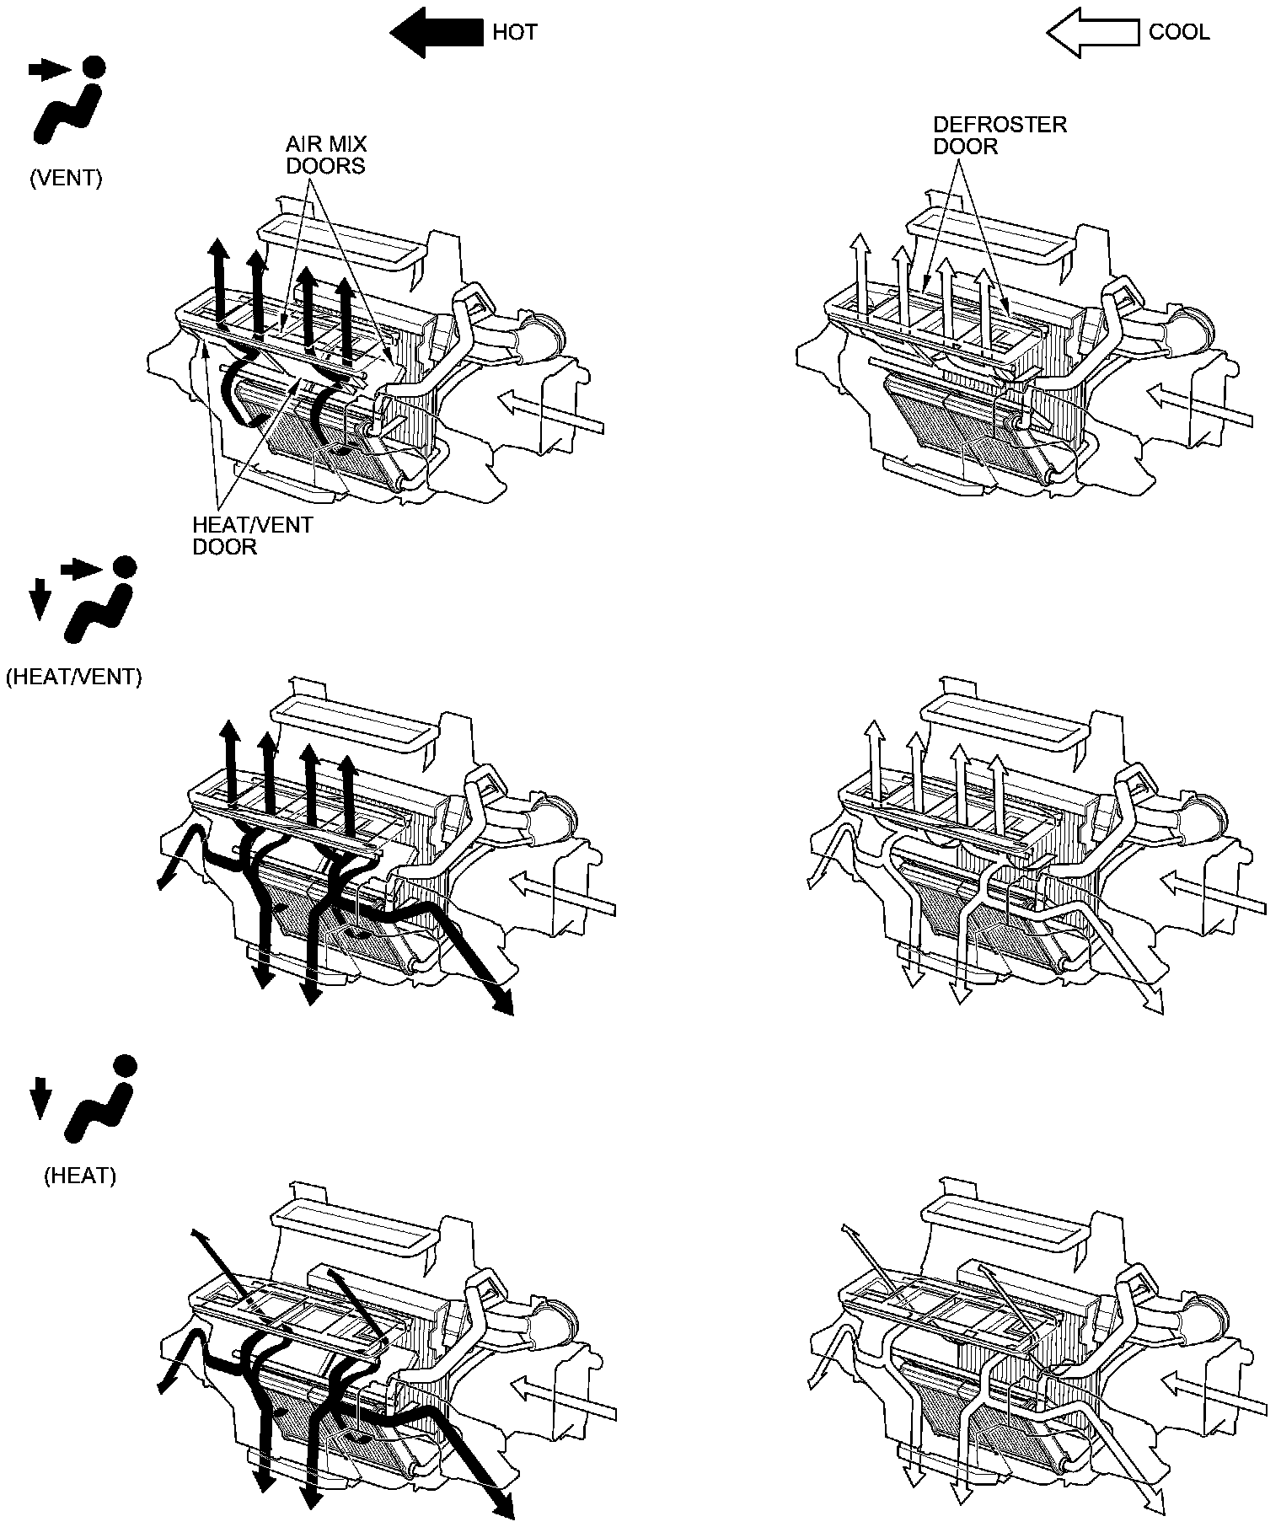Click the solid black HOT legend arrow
coord(437,33)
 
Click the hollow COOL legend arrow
coord(1093,33)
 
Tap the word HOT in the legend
coord(515,33)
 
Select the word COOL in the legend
coord(1179,33)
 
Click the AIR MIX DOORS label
coord(326,155)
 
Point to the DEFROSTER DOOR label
coord(1000,136)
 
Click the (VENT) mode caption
coord(66,179)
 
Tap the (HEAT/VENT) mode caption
coord(73,677)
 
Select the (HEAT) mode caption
coord(79,1176)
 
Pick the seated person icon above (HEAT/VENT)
coord(100,599)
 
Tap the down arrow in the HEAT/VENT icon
coord(39,601)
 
